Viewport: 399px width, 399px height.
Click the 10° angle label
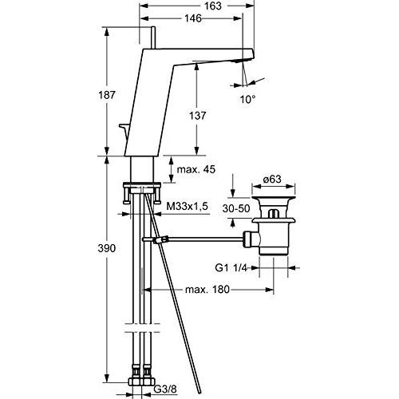[248, 99]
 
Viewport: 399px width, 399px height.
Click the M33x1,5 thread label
[188, 206]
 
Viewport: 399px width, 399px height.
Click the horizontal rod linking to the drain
[207, 237]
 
